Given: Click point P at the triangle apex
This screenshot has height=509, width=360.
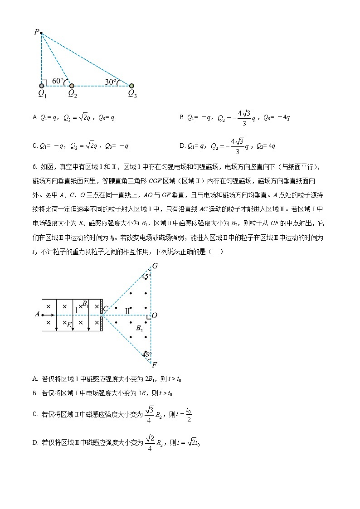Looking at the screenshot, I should (41, 33).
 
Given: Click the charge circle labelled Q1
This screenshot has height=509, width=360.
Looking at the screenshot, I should (42, 85).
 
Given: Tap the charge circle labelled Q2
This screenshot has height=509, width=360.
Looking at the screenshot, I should (72, 85).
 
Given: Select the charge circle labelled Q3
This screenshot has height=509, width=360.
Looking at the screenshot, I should (131, 85).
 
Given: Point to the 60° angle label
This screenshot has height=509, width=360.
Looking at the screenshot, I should (58, 81).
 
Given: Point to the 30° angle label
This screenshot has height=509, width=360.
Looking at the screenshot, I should (111, 82).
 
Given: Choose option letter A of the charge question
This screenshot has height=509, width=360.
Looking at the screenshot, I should (35, 117).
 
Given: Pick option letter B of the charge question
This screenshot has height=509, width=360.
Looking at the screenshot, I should (182, 117).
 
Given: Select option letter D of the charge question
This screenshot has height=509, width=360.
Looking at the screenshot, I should (182, 145).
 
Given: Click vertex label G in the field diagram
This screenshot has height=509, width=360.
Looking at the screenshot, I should (155, 266).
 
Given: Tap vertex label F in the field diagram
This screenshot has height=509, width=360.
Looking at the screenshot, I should (155, 364).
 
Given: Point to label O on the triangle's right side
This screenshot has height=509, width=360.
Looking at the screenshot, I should (155, 315).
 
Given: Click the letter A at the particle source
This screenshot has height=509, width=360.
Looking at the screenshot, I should (37, 314).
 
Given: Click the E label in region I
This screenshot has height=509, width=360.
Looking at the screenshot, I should (69, 325).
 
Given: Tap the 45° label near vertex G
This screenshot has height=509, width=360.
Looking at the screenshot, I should (146, 276).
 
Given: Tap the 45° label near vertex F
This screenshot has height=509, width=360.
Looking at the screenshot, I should (146, 354).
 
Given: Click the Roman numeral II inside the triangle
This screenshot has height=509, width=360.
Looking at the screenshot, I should (127, 310).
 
